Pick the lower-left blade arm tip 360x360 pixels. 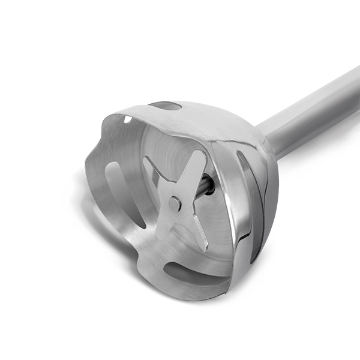click(x=164, y=235)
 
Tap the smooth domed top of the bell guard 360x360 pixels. click(x=222, y=120)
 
